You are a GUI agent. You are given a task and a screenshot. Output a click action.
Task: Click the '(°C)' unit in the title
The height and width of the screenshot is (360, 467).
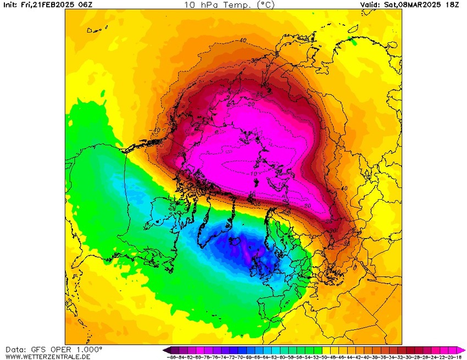pyautogui.click(x=265, y=4)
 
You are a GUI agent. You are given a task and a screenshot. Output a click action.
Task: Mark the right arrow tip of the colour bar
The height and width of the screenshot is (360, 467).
pyautogui.click(x=464, y=350)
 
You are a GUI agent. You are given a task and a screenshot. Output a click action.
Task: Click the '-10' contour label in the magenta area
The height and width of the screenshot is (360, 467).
pyautogui.click(x=253, y=173)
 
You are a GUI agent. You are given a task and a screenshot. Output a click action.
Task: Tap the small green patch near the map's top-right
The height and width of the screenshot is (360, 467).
pyautogui.click(x=353, y=42)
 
